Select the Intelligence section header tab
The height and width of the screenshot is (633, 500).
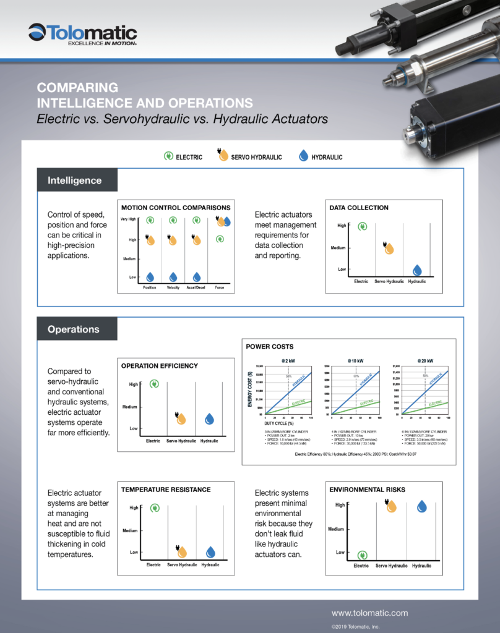[75, 181]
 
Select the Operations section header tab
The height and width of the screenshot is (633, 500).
[74, 329]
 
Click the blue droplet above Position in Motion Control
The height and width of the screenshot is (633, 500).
[150, 277]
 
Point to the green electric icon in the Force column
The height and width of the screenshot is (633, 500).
[220, 239]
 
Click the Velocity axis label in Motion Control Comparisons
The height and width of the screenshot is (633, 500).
[173, 288]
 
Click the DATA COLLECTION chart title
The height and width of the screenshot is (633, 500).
[359, 208]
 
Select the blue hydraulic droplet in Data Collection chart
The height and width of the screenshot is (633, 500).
[417, 270]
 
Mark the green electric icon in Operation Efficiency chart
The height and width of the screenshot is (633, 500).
[155, 384]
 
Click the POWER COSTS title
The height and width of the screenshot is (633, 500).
[270, 347]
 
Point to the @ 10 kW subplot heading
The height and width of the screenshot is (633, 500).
[355, 360]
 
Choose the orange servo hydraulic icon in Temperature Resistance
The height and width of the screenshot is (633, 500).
[182, 551]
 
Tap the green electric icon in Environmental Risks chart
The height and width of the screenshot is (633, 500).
[361, 554]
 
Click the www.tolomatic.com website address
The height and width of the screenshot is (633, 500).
[369, 613]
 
